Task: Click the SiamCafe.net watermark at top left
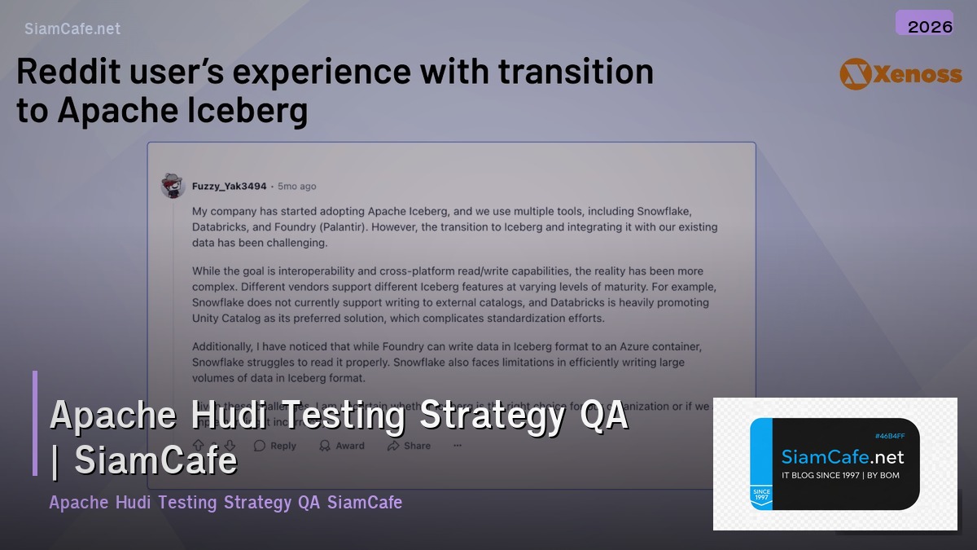[x=72, y=29]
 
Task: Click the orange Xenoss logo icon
[x=855, y=74]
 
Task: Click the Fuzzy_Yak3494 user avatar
[x=173, y=186]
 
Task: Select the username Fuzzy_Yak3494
[x=229, y=187]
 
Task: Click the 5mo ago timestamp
[x=297, y=187]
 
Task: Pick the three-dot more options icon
[x=457, y=446]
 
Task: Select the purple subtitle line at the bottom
[x=226, y=502]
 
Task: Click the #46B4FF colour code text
[x=889, y=436]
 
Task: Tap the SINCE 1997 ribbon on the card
[x=761, y=495]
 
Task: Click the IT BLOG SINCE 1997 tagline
[x=840, y=475]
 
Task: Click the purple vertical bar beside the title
[x=35, y=423]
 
